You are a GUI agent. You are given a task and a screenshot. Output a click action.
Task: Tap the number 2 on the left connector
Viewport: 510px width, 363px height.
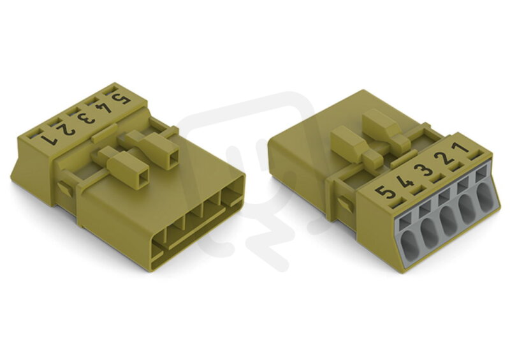pyautogui.click(x=66, y=130)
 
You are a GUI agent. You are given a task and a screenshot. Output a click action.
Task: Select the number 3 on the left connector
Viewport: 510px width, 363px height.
pyautogui.click(x=85, y=119)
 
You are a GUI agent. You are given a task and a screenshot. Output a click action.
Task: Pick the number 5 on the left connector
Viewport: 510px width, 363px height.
pyautogui.click(x=121, y=98)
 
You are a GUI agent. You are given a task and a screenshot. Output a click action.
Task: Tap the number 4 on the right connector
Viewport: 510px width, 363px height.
pyautogui.click(x=405, y=181)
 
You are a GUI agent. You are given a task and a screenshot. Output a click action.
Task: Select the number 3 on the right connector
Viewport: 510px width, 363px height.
pyautogui.click(x=423, y=170)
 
